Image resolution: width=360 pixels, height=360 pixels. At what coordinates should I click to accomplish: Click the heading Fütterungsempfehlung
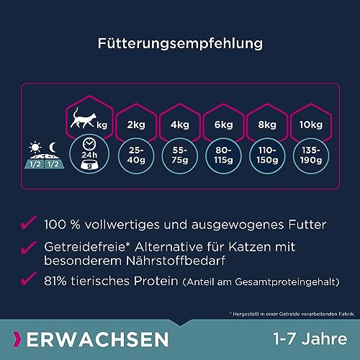[179, 42]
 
